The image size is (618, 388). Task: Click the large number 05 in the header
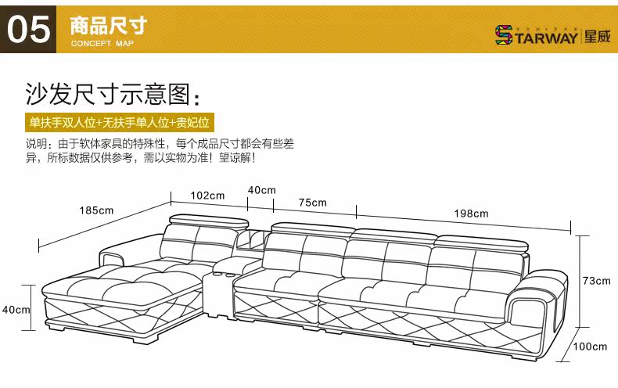point(29,30)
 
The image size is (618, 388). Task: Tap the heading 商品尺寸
point(108,25)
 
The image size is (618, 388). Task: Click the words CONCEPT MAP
point(102,44)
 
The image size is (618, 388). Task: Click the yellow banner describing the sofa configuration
point(119,123)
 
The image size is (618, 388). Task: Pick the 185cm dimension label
point(96,210)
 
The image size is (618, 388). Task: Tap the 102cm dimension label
point(207,195)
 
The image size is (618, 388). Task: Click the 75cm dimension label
point(312,203)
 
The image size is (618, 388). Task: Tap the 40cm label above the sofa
point(261,189)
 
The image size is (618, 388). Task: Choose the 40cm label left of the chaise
point(16,310)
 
